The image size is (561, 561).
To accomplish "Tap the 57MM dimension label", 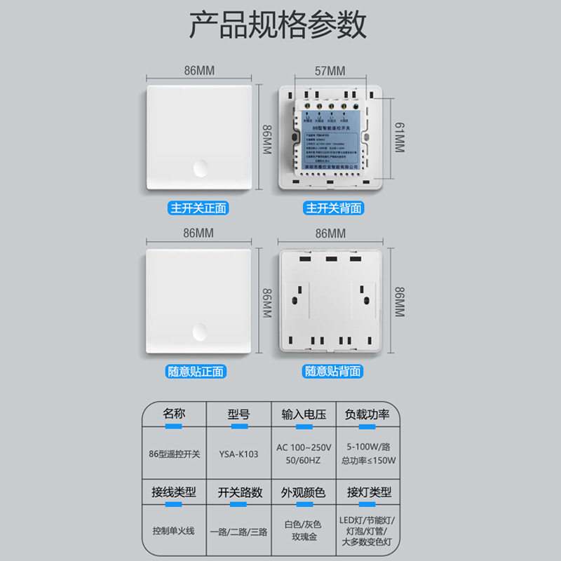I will click(329, 71).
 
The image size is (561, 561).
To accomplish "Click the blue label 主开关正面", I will click(198, 208).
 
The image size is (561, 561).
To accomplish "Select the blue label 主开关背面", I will click(333, 208).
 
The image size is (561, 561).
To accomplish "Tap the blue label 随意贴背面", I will click(333, 372).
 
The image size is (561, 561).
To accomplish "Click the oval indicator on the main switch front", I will click(201, 168).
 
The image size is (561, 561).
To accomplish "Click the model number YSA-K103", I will click(238, 454).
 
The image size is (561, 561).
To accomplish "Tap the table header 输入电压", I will click(304, 414).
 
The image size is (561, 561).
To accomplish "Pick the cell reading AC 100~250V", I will click(304, 447).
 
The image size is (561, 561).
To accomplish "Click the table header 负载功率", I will click(367, 414).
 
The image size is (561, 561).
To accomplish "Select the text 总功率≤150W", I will click(367, 461).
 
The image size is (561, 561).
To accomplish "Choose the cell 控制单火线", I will click(175, 531).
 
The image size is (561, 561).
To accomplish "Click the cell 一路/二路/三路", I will click(238, 532).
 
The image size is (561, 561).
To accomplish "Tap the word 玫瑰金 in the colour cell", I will click(303, 536).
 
